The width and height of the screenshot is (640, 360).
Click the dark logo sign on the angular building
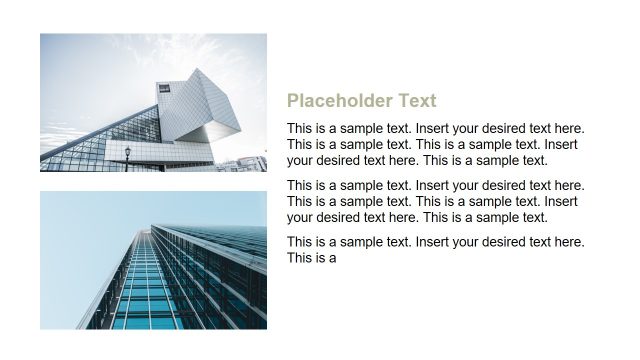click(163, 89)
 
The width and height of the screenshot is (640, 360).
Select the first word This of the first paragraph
click(300, 129)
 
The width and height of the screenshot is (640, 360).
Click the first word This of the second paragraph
click(300, 186)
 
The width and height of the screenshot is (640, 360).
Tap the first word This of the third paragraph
click(300, 243)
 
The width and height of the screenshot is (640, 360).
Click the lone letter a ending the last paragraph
click(332, 258)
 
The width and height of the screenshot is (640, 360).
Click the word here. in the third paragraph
click(569, 243)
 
